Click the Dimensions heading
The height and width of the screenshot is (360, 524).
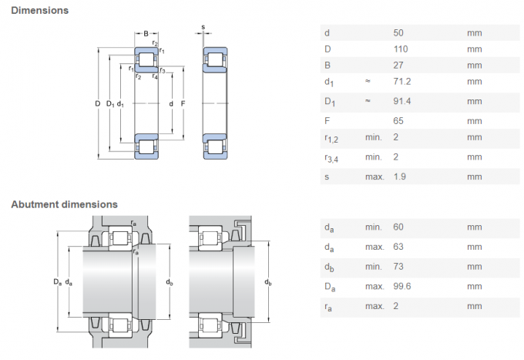39,10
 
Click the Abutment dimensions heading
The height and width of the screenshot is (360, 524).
64,204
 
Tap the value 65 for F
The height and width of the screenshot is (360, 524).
399,120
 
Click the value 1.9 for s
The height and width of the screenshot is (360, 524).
401,176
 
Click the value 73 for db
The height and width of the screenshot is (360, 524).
399,266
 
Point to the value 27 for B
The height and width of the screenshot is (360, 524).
399,66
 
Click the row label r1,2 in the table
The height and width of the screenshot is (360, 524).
332,139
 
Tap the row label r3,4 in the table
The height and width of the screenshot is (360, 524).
332,158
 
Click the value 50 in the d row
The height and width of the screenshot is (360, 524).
399,32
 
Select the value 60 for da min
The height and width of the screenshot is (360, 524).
399,227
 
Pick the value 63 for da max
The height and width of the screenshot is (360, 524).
399,247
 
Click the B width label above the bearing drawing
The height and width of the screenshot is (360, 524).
146,32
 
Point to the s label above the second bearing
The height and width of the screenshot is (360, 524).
203,28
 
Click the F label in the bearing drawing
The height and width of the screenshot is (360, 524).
183,103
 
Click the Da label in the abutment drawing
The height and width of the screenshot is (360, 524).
58,281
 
